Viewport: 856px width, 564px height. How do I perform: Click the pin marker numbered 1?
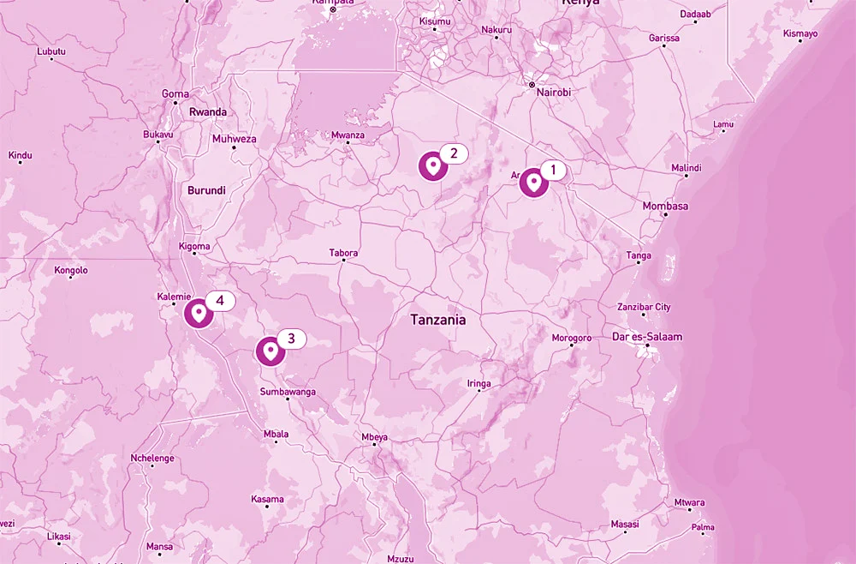tap(533, 183)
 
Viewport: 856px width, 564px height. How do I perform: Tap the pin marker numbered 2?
tap(433, 165)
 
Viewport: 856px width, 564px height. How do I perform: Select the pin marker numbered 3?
tap(270, 351)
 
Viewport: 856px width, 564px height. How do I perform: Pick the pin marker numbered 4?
tap(199, 313)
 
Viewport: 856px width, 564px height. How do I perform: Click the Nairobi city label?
tap(553, 93)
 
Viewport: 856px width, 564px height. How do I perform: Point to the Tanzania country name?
tap(437, 320)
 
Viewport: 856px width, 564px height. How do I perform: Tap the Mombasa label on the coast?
tap(665, 207)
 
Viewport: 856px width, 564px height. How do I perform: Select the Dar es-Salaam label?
tap(647, 337)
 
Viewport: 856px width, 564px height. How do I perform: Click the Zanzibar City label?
tap(644, 308)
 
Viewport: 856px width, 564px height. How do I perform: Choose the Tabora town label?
tap(343, 253)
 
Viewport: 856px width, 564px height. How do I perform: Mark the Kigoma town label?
tap(194, 247)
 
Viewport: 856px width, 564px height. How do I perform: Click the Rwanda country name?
tap(208, 112)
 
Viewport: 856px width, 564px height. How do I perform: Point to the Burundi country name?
tap(206, 190)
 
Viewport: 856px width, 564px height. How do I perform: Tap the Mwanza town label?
tap(348, 135)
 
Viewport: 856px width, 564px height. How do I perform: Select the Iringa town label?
tap(479, 384)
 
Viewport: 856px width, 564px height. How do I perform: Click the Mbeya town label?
tap(374, 437)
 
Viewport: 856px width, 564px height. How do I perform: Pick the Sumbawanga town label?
tap(288, 392)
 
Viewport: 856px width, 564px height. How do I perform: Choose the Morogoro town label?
tap(571, 338)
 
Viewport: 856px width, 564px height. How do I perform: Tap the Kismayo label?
tap(800, 34)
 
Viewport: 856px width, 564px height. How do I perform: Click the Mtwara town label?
tap(689, 502)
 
